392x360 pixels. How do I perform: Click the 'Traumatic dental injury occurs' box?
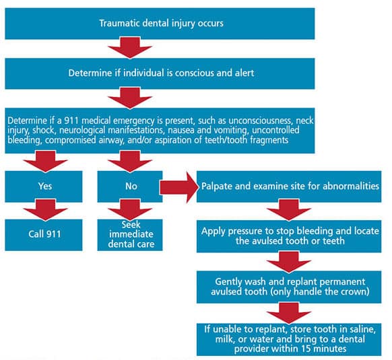pyautogui.click(x=160, y=24)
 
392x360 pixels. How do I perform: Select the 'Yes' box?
pyautogui.click(x=44, y=186)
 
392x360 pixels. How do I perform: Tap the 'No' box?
pyautogui.click(x=130, y=186)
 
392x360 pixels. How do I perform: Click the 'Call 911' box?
pyautogui.click(x=44, y=235)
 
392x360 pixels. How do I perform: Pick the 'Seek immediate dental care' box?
pyautogui.click(x=130, y=235)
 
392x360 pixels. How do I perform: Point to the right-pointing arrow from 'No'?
pyautogui.click(x=178, y=187)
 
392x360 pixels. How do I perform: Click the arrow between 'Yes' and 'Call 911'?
pyautogui.click(x=45, y=210)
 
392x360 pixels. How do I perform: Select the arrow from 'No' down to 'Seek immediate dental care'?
pyautogui.click(x=130, y=210)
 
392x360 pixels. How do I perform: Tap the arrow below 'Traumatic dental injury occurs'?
pyautogui.click(x=130, y=48)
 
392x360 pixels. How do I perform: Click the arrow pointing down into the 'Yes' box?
pyautogui.click(x=45, y=161)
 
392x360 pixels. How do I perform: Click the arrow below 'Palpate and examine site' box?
pyautogui.click(x=289, y=210)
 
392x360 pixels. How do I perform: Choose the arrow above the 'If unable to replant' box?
pyautogui.click(x=289, y=314)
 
